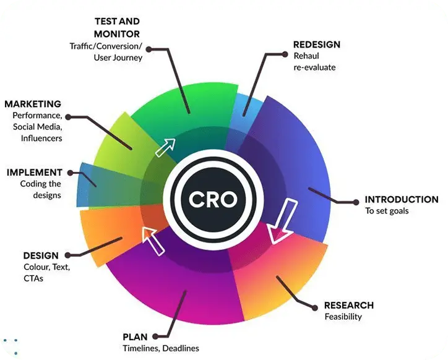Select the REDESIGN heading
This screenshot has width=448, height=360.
pos(317,45)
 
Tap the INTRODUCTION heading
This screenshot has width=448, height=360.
pos(401,199)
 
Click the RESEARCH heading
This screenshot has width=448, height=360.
pos(349,305)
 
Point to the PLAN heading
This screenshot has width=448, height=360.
pos(135,337)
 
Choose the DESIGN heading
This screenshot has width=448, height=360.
pos(41,255)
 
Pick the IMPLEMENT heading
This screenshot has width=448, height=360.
pos(35,173)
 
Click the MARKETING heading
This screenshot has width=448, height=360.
pos(33,104)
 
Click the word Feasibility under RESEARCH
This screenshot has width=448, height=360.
pos(343,317)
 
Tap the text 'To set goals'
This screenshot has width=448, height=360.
pos(387,211)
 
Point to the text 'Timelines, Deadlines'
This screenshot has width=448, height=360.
pos(161,348)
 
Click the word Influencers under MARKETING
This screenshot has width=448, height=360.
pos(38,138)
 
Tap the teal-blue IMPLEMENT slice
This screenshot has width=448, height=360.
pos(87,184)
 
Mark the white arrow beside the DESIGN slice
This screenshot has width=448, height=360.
pos(152,239)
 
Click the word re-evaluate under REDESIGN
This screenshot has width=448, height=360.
pos(314,67)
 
